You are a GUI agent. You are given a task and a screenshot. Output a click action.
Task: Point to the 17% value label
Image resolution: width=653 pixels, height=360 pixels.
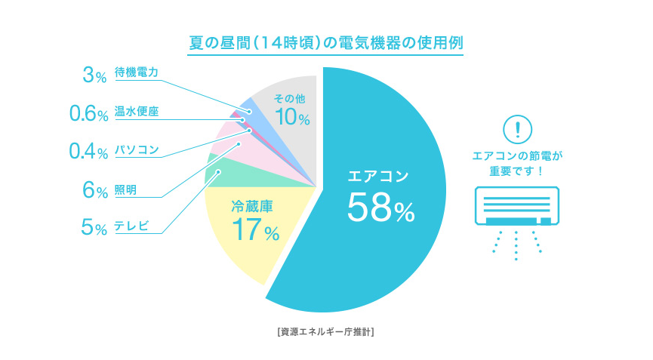pos(256,229)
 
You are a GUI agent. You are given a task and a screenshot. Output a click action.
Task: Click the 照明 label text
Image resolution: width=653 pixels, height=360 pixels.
pos(125,189)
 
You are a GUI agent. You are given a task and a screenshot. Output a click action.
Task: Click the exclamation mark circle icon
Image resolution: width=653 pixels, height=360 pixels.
pos(517,128)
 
